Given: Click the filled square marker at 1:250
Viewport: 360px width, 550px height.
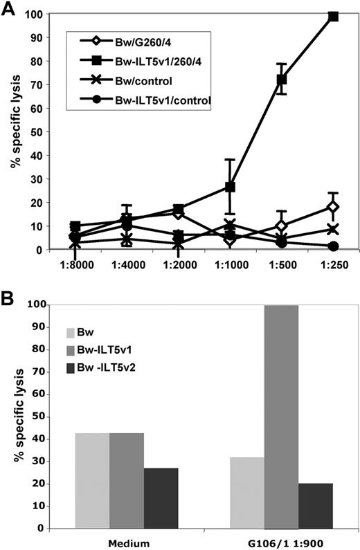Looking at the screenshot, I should click(x=333, y=16).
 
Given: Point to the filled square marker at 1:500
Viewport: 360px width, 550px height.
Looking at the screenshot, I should click(x=282, y=80).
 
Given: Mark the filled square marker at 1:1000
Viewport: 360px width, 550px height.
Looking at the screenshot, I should click(x=230, y=187).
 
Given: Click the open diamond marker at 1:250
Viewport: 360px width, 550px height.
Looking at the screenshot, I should click(x=333, y=207).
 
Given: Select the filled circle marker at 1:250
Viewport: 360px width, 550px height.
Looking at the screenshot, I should click(x=333, y=246).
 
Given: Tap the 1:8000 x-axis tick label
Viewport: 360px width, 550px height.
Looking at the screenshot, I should click(x=75, y=264).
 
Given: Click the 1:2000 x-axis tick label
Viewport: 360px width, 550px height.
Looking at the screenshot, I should click(x=178, y=264).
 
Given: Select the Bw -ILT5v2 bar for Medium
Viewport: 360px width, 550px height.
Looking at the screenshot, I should click(x=161, y=497).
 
